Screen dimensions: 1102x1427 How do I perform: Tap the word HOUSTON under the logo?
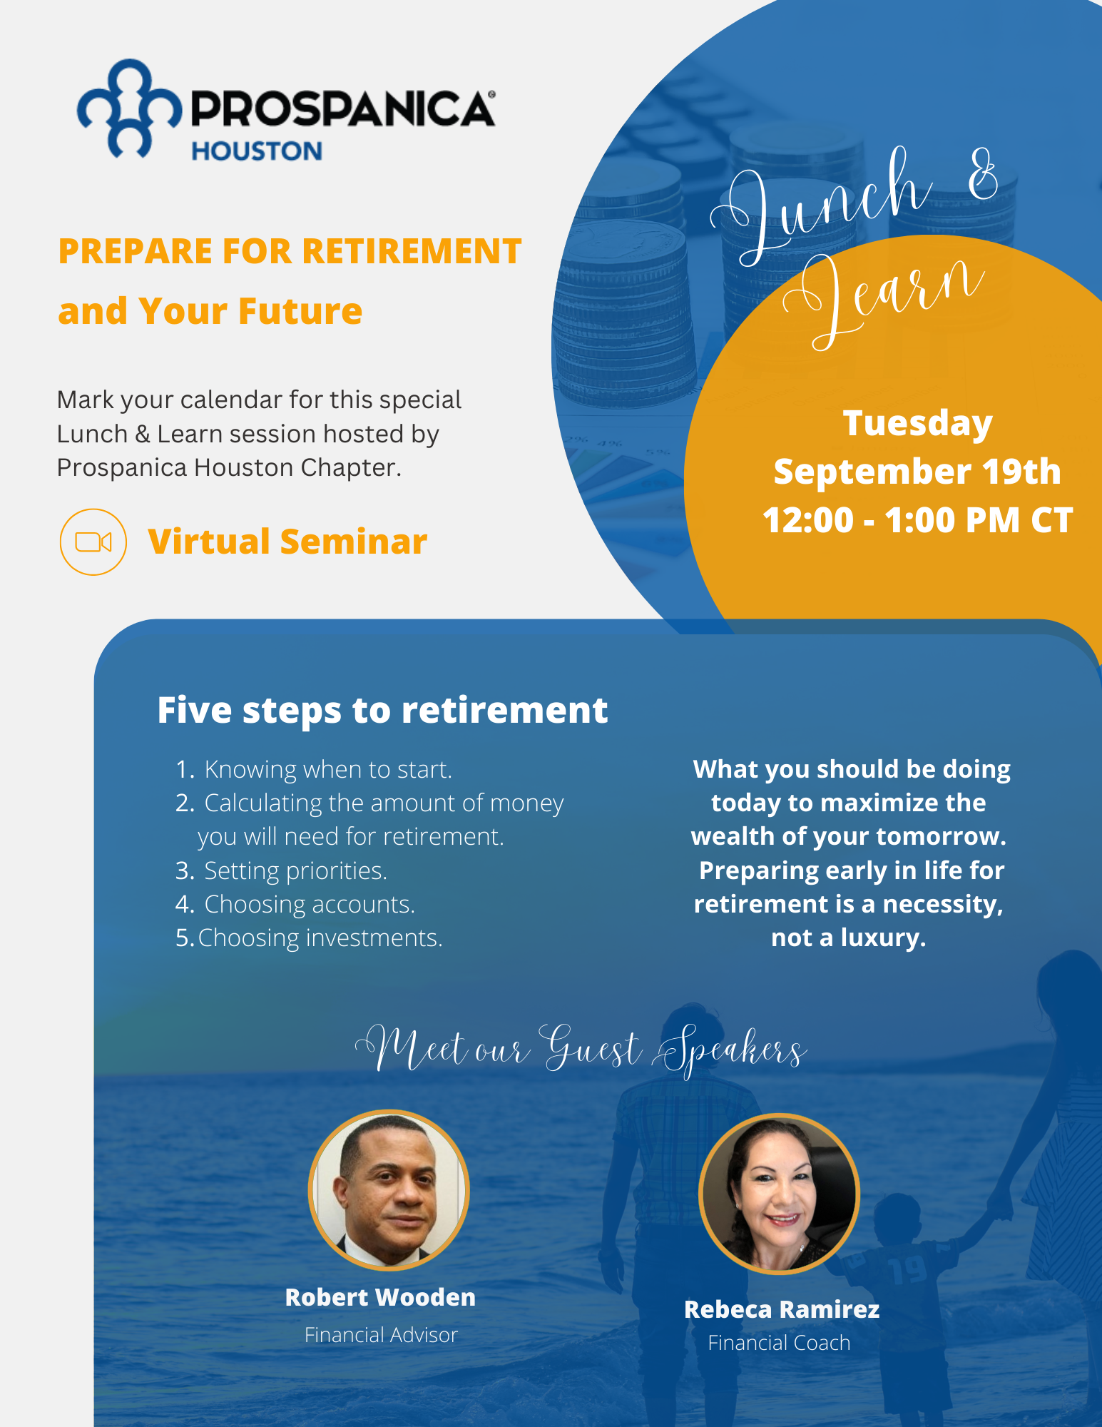257,151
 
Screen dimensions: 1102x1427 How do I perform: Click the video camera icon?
93,542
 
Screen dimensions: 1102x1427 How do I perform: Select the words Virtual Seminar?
287,542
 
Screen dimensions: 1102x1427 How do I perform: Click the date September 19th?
917,472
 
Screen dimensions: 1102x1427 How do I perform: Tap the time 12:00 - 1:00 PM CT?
917,520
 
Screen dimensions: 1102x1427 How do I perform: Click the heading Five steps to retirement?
382,711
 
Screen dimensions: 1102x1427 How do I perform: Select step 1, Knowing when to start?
314,770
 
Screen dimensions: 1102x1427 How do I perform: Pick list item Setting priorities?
282,871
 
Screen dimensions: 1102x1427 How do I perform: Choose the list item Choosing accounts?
295,905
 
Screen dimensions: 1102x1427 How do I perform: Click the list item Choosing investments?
310,938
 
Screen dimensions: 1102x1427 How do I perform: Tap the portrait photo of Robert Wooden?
389,1190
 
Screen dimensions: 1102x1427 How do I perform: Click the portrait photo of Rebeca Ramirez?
779,1194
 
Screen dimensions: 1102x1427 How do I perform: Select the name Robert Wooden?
380,1297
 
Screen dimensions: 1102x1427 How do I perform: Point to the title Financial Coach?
779,1343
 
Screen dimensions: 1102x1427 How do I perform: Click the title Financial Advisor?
381,1335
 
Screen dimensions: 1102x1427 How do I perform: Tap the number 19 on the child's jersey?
909,1270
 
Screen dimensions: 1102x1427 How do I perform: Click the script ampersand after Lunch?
984,174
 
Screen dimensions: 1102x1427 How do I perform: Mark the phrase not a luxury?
849,938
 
